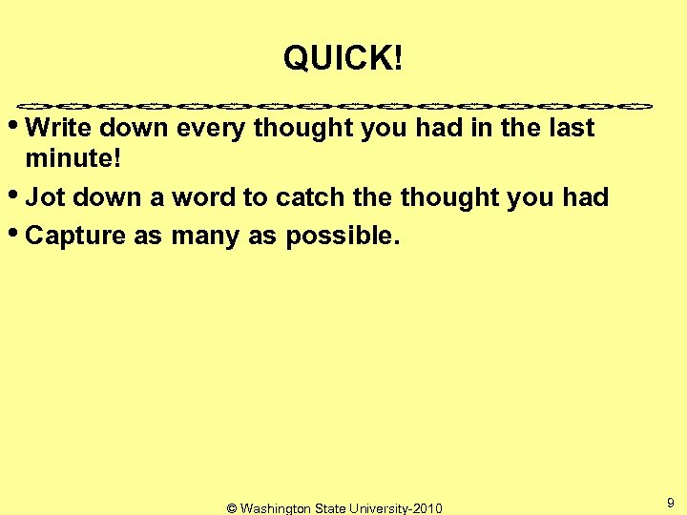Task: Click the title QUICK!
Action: (343, 60)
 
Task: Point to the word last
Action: (570, 128)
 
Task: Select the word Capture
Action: (76, 237)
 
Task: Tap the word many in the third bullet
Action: (207, 237)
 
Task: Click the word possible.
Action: (339, 237)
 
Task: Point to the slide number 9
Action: (671, 502)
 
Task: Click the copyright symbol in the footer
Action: (232, 508)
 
